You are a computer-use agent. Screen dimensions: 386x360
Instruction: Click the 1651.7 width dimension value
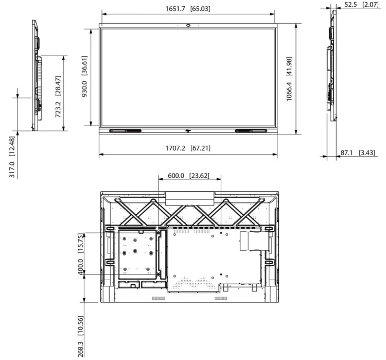coord(175,9)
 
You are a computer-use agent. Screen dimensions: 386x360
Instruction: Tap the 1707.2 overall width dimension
coord(175,148)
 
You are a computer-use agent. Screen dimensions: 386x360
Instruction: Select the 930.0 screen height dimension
coord(84,89)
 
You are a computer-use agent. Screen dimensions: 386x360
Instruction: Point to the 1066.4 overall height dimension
coord(289,92)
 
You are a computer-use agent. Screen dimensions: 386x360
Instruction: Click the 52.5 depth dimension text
coord(350,5)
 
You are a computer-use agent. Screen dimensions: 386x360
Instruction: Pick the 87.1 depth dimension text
coord(346,153)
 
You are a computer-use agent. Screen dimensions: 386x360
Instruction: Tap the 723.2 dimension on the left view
coord(58,109)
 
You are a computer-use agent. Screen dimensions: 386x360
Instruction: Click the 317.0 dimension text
coord(12,169)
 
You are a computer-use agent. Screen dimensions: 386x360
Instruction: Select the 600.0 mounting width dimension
coord(176,176)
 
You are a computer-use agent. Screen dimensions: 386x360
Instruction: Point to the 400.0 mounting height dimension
coord(80,267)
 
